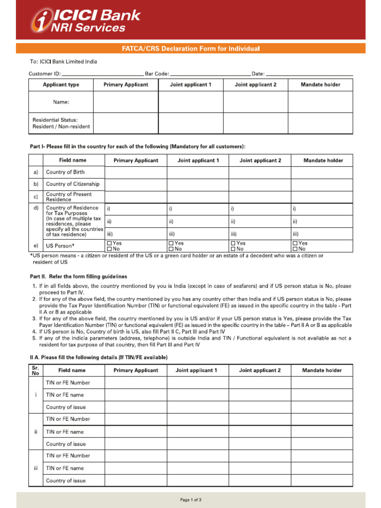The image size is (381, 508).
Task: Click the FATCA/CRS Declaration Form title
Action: click(190, 49)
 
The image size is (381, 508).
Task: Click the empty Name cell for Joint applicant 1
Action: click(190, 102)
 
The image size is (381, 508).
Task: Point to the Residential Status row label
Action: click(61, 123)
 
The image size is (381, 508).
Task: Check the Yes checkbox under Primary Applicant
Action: click(110, 243)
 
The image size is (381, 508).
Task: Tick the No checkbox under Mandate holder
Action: click(295, 249)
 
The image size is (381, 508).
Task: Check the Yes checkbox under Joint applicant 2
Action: click(233, 243)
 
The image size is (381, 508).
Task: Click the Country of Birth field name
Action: click(65, 172)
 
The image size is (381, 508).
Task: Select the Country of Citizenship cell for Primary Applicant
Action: click(135, 184)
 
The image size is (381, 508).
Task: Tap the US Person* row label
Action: click(60, 246)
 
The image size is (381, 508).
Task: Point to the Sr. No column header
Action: click(35, 371)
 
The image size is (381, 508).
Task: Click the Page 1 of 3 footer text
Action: click(190, 500)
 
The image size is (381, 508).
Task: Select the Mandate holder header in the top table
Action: click(320, 85)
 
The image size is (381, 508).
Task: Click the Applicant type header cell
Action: click(61, 85)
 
